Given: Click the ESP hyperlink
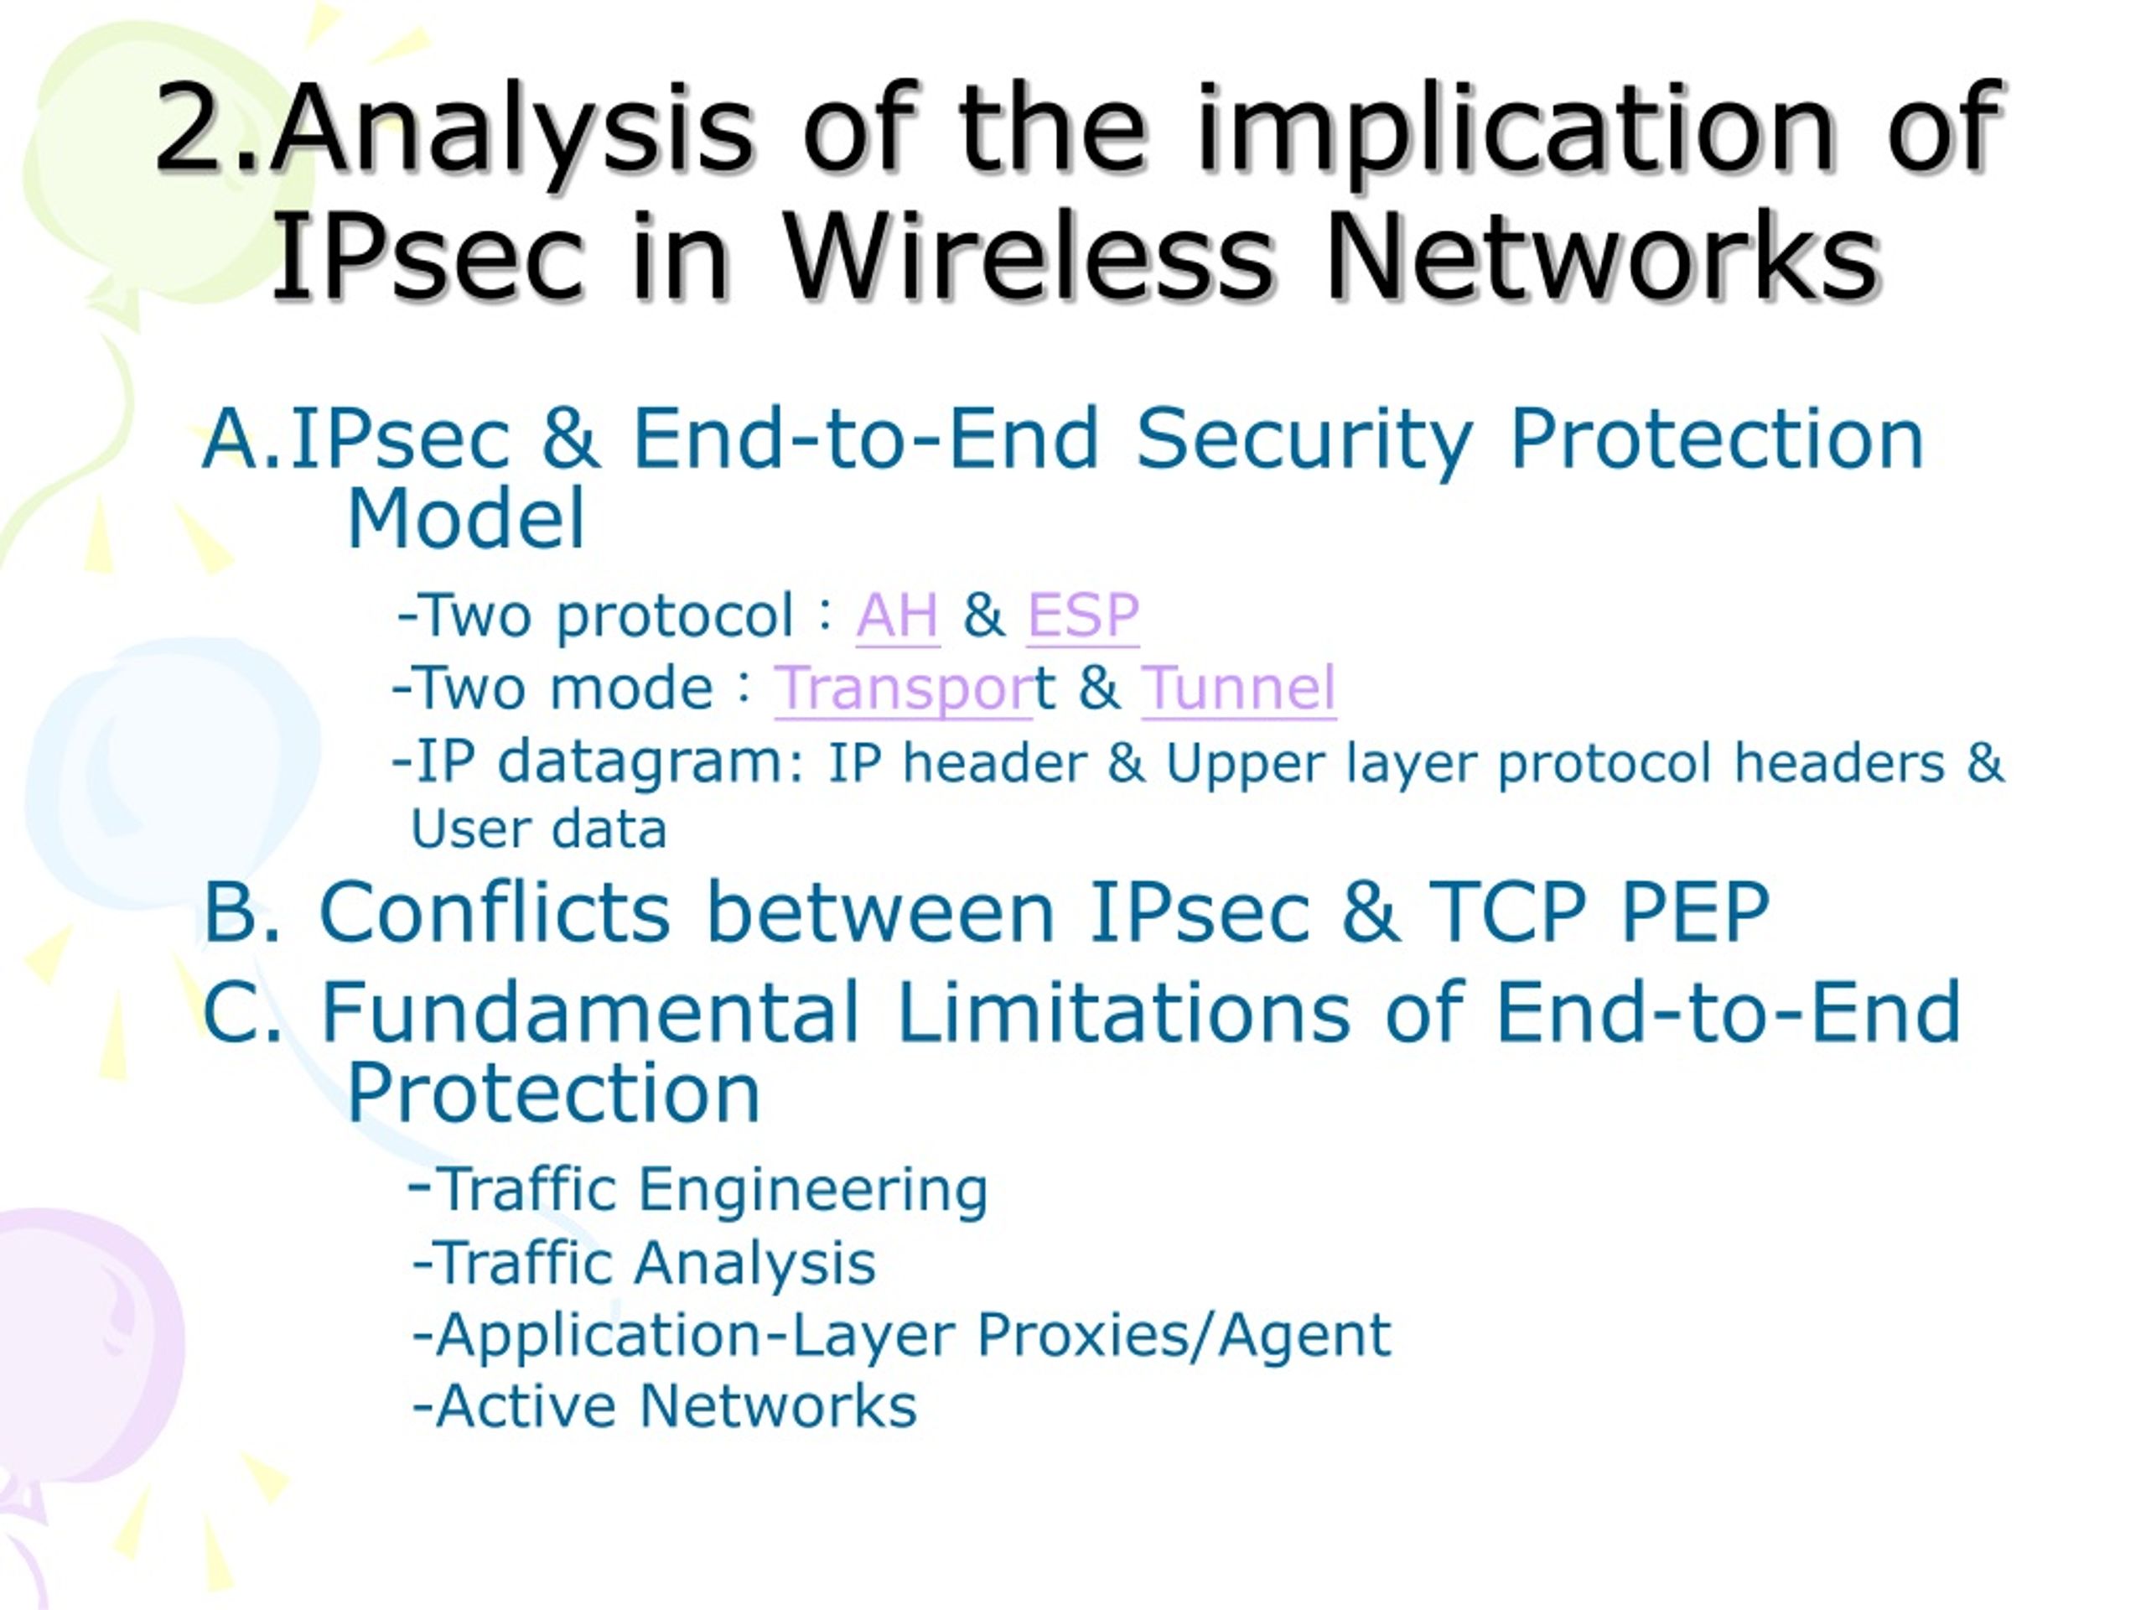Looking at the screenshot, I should pyautogui.click(x=1083, y=615).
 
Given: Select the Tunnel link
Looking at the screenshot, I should pyautogui.click(x=1239, y=688).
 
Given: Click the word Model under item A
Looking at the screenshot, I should pyautogui.click(x=466, y=519).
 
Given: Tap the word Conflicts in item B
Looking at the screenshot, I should pyautogui.click(x=495, y=912).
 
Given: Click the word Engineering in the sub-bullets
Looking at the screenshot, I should pyautogui.click(x=813, y=1191).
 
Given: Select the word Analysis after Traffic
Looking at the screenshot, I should pyautogui.click(x=756, y=1264).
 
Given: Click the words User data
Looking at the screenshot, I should pyautogui.click(x=538, y=830).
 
